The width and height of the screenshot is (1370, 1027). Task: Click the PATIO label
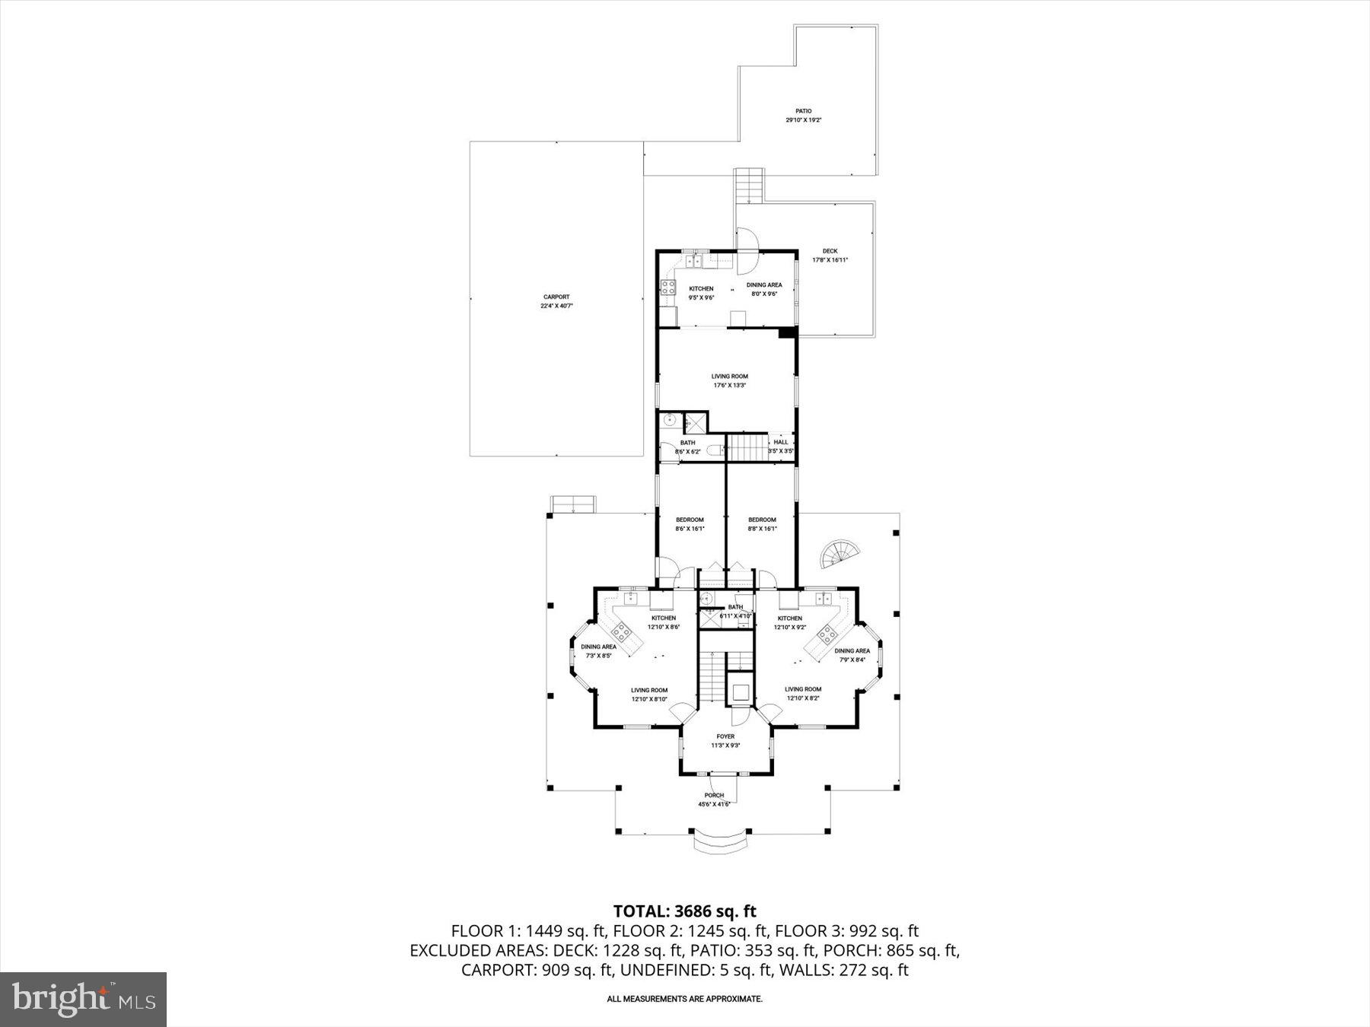pos(804,111)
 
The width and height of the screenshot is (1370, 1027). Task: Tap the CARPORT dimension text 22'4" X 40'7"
pos(556,306)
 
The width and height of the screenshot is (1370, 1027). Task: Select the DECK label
pos(830,251)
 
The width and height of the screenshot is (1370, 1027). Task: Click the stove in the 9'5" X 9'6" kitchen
pos(668,287)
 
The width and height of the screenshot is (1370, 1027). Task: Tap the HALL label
pos(781,442)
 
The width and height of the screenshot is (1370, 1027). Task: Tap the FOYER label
pos(725,736)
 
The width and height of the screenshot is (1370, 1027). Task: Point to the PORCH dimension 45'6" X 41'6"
pos(714,804)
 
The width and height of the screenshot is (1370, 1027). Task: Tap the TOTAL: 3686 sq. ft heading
pos(684,911)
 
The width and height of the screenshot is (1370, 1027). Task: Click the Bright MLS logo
pos(83,999)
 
